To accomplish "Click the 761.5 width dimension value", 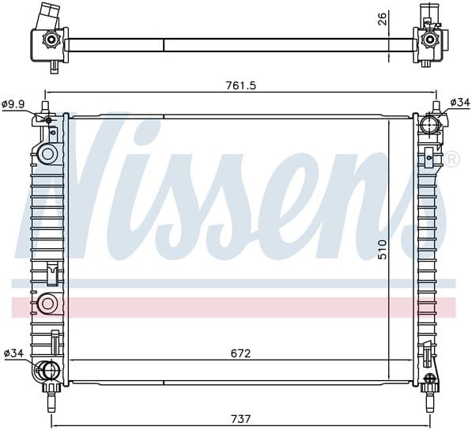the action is coord(241,85).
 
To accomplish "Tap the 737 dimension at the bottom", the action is coord(241,419).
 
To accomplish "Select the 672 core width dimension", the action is coord(241,353).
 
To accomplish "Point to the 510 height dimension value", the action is coord(383,250).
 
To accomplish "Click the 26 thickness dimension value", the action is coord(383,19).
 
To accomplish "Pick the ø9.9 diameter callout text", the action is coord(13,104).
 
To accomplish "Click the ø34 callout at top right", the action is coord(459,103).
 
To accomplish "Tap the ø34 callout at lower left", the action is coord(14,353).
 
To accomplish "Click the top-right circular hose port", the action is coord(430,125).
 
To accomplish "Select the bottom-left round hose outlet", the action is coord(47,371).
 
